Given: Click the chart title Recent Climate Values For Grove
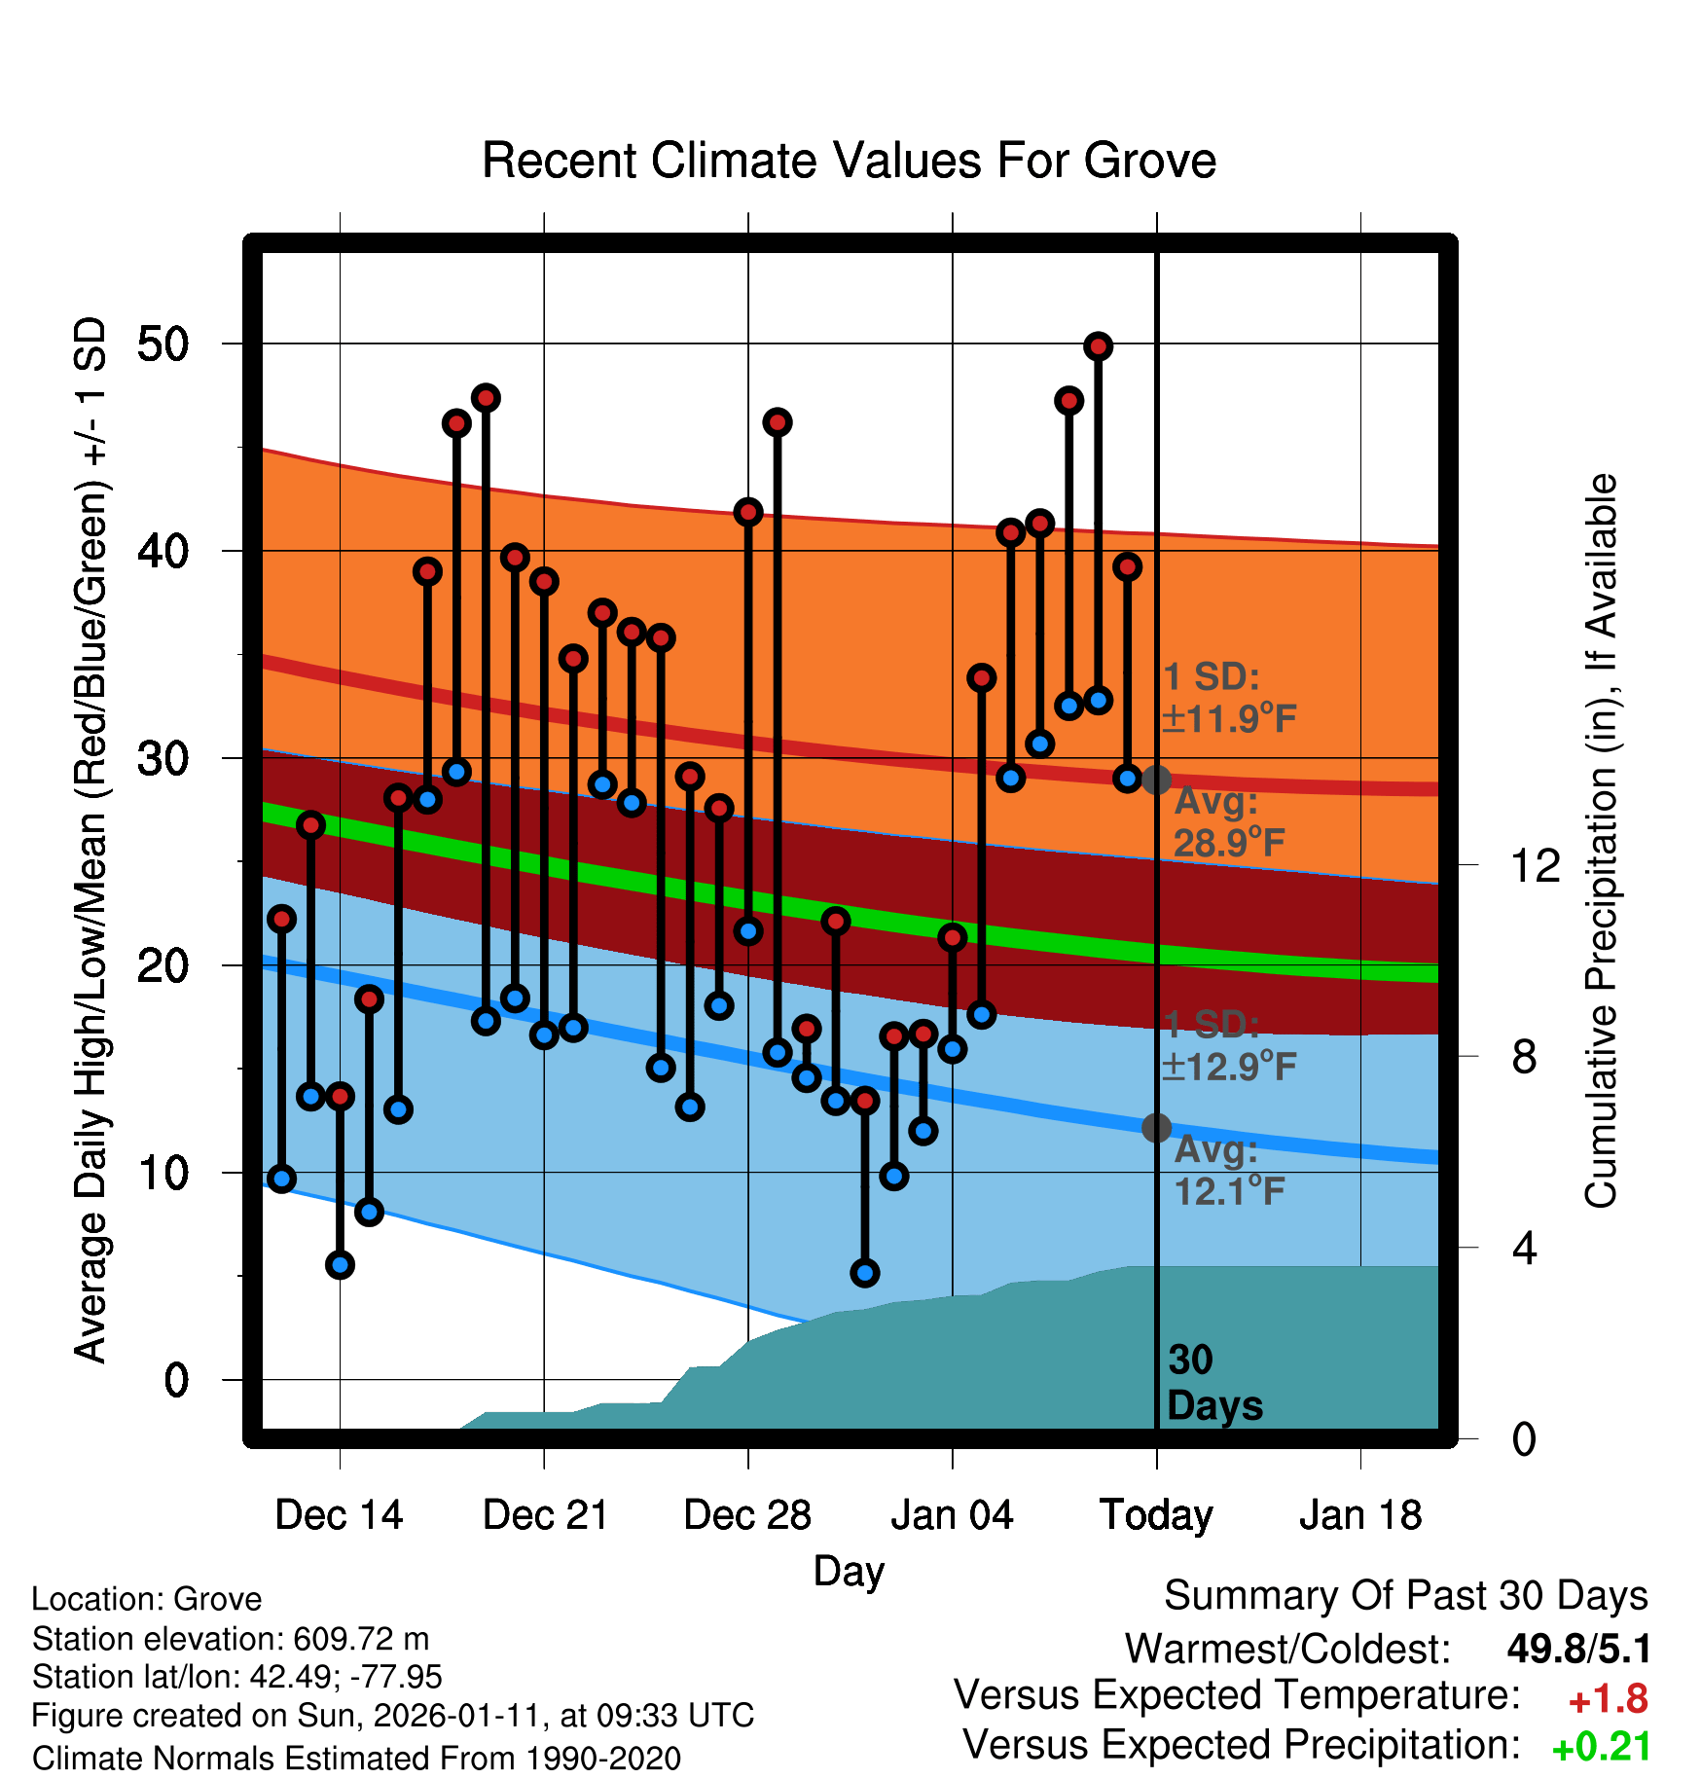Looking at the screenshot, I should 849,161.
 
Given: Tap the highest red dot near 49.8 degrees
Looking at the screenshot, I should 1098,346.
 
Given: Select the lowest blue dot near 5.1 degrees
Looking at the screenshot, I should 864,1273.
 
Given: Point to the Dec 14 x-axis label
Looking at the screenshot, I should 339,1515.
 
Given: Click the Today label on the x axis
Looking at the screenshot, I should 1156,1515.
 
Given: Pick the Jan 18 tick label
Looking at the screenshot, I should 1360,1515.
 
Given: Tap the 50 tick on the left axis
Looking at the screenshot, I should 163,344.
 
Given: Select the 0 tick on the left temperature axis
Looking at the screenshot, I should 176,1380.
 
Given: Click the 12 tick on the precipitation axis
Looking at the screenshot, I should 1535,865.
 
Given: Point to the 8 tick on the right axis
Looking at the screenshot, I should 1525,1057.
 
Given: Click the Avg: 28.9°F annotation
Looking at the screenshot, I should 1228,822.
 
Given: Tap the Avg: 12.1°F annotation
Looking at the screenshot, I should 1228,1171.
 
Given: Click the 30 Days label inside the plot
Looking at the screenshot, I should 1213,1383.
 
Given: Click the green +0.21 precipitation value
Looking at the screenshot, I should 1601,1747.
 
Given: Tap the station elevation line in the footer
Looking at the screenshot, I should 231,1639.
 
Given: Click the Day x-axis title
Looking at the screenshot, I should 849,1571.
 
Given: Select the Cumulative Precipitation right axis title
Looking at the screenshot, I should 1601,841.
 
